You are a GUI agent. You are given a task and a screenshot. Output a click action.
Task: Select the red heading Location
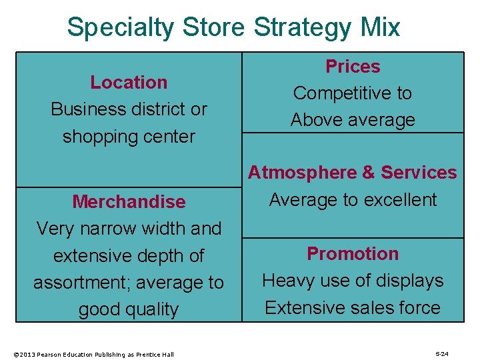[129, 82]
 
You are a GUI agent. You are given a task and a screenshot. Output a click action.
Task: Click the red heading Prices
[353, 67]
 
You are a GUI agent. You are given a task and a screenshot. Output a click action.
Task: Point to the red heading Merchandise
[129, 201]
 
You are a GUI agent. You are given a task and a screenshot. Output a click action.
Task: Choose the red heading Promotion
[353, 253]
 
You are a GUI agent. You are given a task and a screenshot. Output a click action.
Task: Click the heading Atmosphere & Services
[353, 173]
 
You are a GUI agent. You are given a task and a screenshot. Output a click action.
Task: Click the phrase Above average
[353, 120]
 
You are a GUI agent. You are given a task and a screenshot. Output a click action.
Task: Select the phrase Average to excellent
[353, 200]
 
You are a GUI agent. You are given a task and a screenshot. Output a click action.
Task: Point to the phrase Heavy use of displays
[353, 281]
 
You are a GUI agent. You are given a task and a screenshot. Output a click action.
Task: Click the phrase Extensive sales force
[353, 307]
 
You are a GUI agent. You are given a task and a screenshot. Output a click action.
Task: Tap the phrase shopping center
[129, 137]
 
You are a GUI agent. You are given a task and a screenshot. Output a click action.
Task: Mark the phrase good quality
[129, 310]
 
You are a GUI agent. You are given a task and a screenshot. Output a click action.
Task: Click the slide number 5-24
[441, 354]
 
